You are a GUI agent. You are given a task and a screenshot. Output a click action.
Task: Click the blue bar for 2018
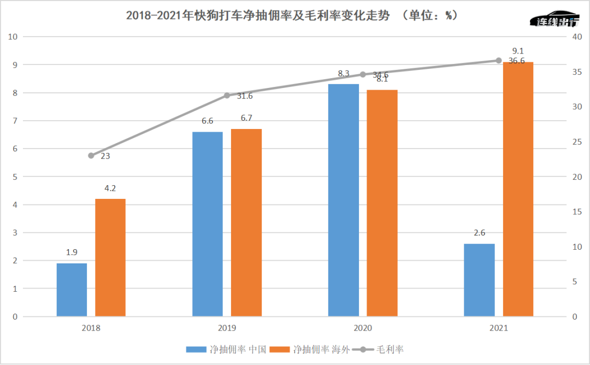(x=72, y=290)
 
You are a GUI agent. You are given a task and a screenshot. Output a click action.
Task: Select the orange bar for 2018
(x=110, y=257)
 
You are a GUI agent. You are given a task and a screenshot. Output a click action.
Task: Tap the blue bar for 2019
(x=208, y=224)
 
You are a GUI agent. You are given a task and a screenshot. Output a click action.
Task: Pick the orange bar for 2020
(x=382, y=203)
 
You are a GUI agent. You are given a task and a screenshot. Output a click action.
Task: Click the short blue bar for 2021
(x=479, y=280)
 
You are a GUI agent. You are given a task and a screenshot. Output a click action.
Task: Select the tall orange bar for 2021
(x=518, y=189)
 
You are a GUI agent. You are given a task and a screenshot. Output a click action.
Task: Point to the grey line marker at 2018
(x=91, y=156)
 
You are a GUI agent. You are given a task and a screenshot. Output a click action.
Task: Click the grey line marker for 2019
(x=227, y=96)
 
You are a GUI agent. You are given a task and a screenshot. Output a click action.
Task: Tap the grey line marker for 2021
(x=499, y=61)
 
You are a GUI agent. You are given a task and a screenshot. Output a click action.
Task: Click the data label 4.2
(x=110, y=189)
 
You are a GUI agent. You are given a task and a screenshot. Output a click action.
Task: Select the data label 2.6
(x=479, y=233)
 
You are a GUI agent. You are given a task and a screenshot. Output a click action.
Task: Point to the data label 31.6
(x=245, y=96)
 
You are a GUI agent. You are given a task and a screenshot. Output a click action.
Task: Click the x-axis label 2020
(x=363, y=328)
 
